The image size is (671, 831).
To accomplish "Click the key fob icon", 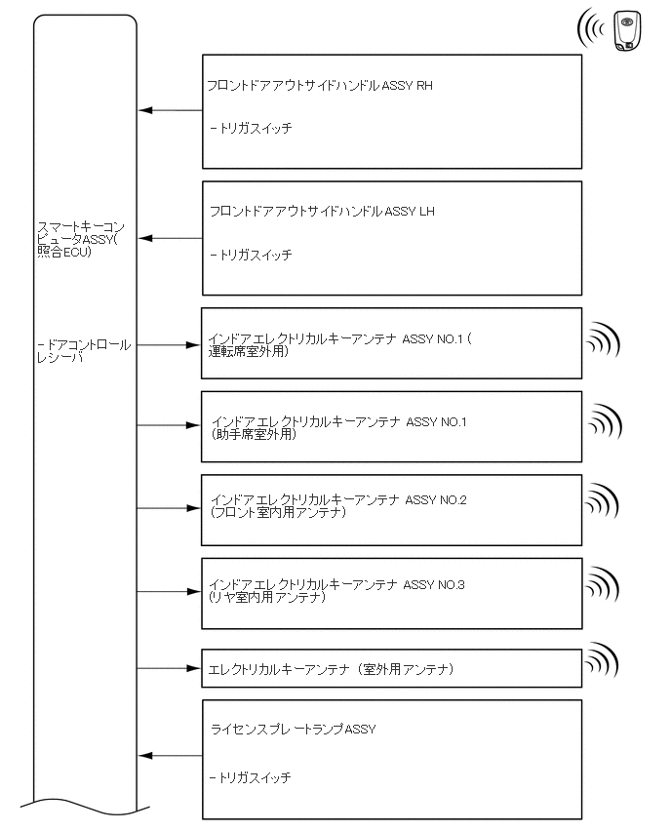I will [x=627, y=30].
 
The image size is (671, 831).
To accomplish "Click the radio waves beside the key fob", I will [x=591, y=29].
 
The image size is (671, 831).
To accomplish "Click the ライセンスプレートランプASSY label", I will [x=293, y=730].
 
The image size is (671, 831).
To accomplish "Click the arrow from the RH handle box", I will [x=169, y=110].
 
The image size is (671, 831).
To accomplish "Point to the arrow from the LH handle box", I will [x=169, y=238].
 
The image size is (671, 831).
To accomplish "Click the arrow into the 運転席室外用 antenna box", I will [x=169, y=344].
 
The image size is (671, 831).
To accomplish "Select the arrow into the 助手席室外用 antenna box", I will [x=169, y=425].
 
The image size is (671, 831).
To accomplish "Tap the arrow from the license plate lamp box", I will [x=169, y=756].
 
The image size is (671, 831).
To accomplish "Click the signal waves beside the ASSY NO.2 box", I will [x=602, y=504].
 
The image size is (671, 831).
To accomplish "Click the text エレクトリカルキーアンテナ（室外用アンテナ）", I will [x=332, y=669].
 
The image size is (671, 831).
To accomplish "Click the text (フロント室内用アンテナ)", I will [x=278, y=512].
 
